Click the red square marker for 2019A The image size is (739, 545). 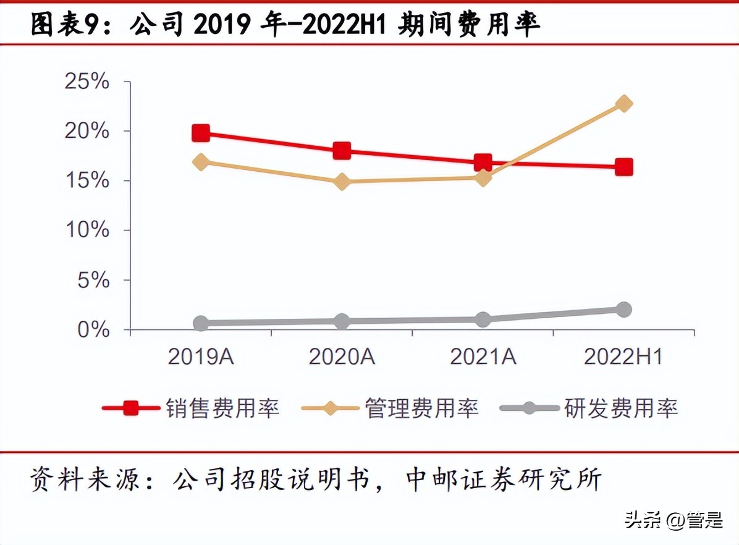tap(201, 132)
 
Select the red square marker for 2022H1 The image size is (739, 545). tap(624, 167)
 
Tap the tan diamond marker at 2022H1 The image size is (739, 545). tap(624, 103)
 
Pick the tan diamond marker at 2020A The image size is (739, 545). tap(342, 182)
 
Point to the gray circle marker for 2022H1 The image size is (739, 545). tap(624, 310)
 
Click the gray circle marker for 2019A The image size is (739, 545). tap(201, 323)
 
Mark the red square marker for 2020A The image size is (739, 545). tap(342, 150)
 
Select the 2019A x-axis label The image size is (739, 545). tap(201, 357)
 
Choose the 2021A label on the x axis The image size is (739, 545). tap(483, 357)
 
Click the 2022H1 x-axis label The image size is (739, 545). tap(623, 357)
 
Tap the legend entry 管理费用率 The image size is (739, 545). tap(422, 408)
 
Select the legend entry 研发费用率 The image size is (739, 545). tap(621, 408)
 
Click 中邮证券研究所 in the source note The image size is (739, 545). tap(504, 480)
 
